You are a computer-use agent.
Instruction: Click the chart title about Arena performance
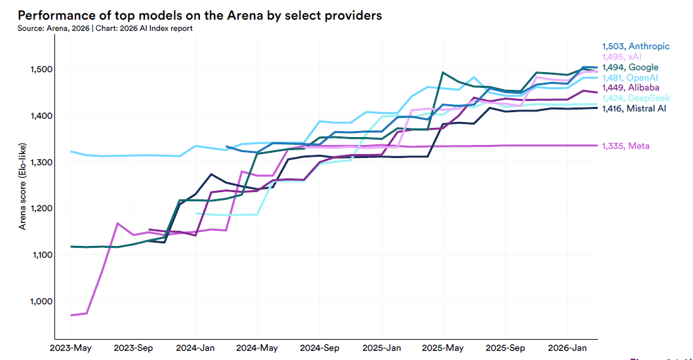[x=200, y=15]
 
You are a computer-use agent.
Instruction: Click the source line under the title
[x=105, y=29]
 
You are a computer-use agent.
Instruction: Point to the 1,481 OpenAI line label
[x=631, y=77]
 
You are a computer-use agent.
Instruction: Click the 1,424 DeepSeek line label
[x=636, y=98]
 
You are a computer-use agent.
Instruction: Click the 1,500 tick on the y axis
[x=38, y=70]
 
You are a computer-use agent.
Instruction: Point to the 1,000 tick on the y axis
[x=38, y=302]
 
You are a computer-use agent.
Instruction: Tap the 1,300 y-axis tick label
[x=38, y=162]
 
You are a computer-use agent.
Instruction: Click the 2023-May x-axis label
[x=71, y=347]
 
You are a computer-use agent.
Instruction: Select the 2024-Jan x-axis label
[x=196, y=347]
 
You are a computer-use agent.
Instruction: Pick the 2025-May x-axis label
[x=443, y=347]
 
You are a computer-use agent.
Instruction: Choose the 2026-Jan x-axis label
[x=567, y=347]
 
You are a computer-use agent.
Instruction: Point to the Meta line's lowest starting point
[x=71, y=315]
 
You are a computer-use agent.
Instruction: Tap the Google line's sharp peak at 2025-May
[x=443, y=73]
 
